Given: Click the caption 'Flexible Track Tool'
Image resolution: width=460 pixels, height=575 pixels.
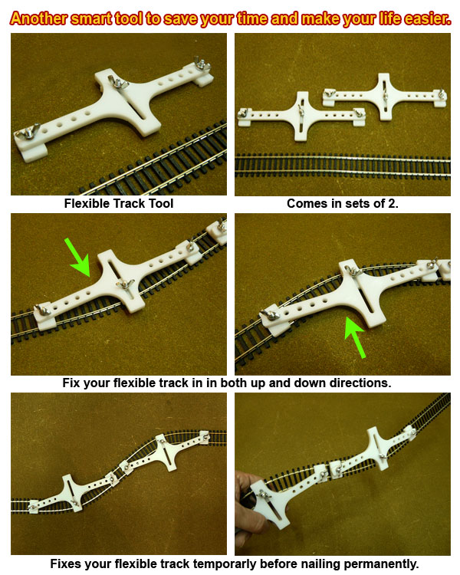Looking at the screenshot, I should pos(119,204).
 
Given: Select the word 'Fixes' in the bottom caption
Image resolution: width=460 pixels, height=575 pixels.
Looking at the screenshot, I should pos(67,564).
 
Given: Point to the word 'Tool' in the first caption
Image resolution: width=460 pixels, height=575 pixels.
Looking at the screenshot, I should pos(161,204).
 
